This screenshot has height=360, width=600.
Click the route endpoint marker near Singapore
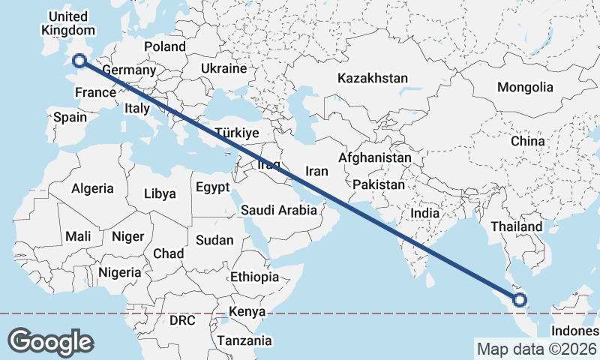519,301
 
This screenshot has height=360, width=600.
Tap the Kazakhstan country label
373,78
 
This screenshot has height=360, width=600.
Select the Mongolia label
525,87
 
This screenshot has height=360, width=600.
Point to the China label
527,141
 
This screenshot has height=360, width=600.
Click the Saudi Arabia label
279,211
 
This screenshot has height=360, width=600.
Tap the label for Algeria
93,189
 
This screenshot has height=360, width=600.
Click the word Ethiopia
254,277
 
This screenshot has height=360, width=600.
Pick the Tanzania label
244,340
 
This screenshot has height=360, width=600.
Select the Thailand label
516,226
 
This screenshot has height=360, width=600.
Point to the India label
424,213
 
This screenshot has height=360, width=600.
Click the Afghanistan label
375,158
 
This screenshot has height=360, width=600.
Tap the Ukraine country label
223,68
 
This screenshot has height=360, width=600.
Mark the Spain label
70,117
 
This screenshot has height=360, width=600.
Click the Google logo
50,341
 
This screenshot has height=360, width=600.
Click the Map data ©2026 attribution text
536,349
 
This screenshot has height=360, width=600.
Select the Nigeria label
119,271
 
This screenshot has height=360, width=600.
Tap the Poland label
165,46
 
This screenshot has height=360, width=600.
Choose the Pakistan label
379,184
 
